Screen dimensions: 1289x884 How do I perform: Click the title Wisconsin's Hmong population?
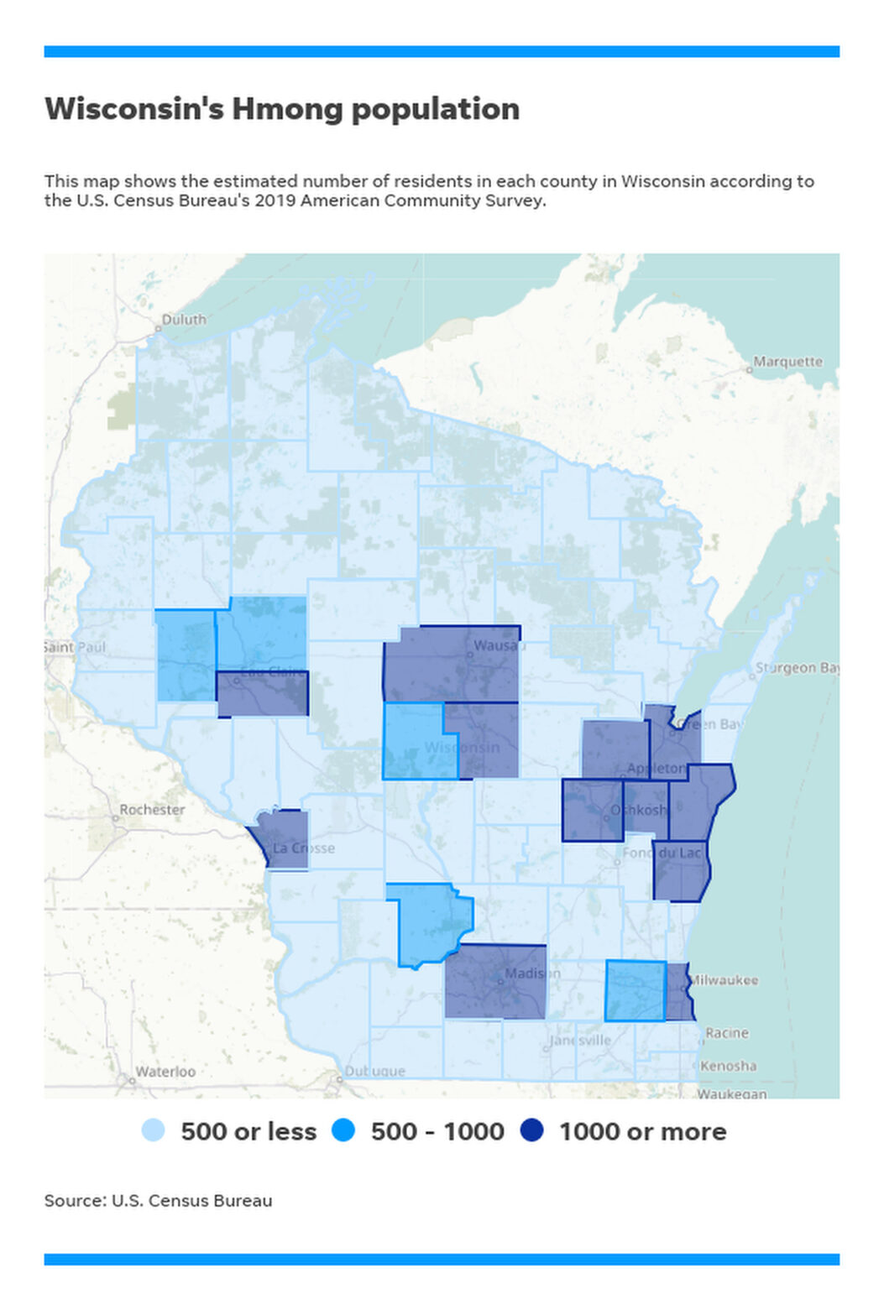point(282,109)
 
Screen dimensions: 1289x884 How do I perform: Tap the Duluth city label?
point(184,320)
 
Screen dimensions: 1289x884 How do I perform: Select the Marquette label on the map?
point(787,362)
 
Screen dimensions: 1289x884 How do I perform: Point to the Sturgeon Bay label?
point(797,668)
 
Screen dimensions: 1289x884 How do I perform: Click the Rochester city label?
point(152,810)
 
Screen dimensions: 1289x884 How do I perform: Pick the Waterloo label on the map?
point(165,1072)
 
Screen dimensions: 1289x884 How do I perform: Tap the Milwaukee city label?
point(723,980)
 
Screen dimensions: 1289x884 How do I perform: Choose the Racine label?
point(726,1033)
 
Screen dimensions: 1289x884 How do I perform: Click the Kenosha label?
point(728,1066)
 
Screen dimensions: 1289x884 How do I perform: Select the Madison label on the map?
point(531,973)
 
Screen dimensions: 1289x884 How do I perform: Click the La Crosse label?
point(303,848)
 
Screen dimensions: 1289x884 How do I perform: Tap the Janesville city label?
point(580,1040)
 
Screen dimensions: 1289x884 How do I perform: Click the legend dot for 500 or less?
point(154,1130)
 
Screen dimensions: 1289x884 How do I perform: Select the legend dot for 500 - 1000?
point(343,1130)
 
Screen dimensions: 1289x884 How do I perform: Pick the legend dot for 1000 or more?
point(531,1130)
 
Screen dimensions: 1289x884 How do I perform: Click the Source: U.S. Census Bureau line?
point(158,1201)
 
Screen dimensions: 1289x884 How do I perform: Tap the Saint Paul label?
point(76,647)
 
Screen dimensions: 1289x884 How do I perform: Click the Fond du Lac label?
point(661,853)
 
